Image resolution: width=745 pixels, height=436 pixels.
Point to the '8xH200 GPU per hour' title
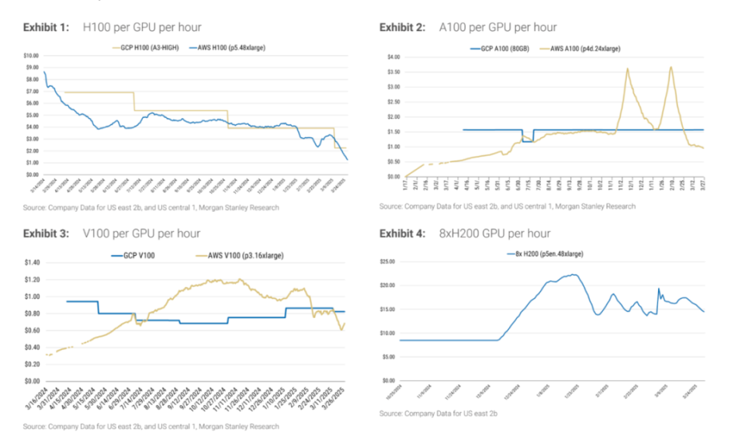tap(494, 234)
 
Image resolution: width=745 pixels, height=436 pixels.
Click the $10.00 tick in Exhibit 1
tap(31, 56)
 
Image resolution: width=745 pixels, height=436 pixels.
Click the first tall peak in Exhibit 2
tap(627, 69)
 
